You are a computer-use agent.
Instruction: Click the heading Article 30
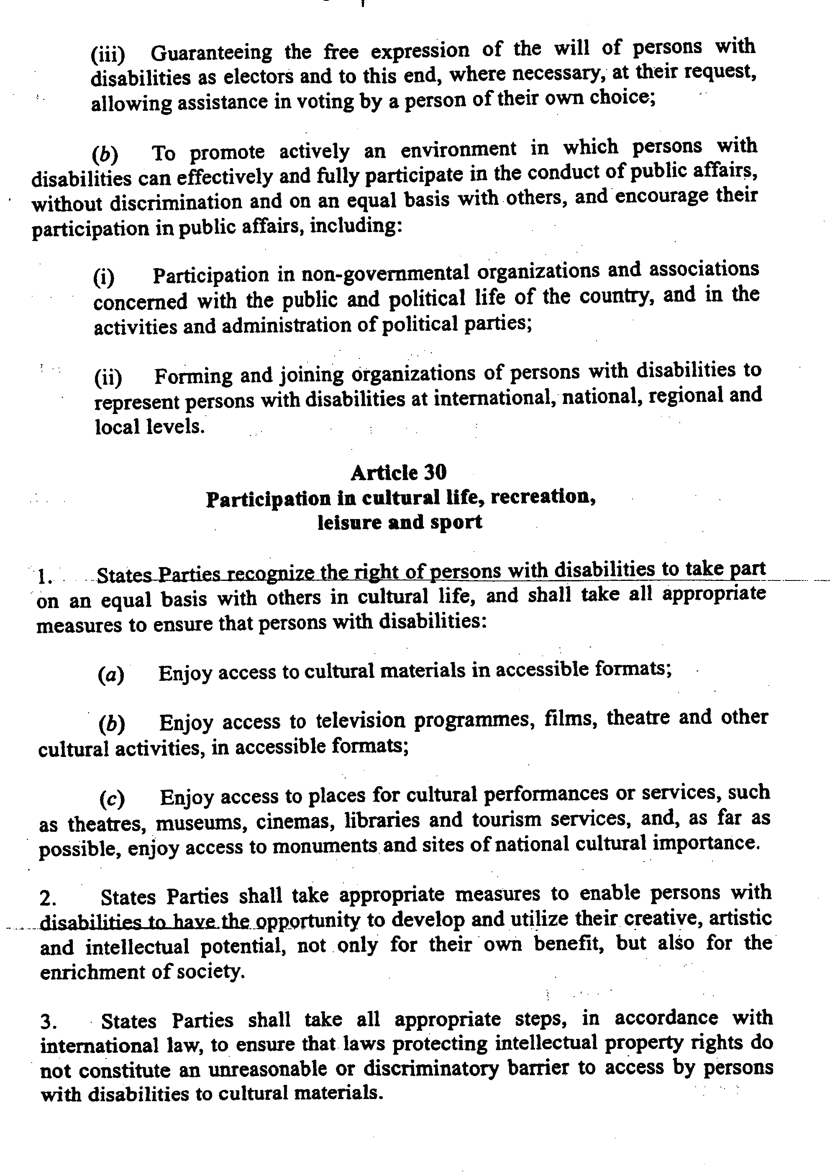(x=398, y=472)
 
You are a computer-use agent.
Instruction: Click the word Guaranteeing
(x=212, y=52)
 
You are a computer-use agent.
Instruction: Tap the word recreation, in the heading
(x=543, y=497)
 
